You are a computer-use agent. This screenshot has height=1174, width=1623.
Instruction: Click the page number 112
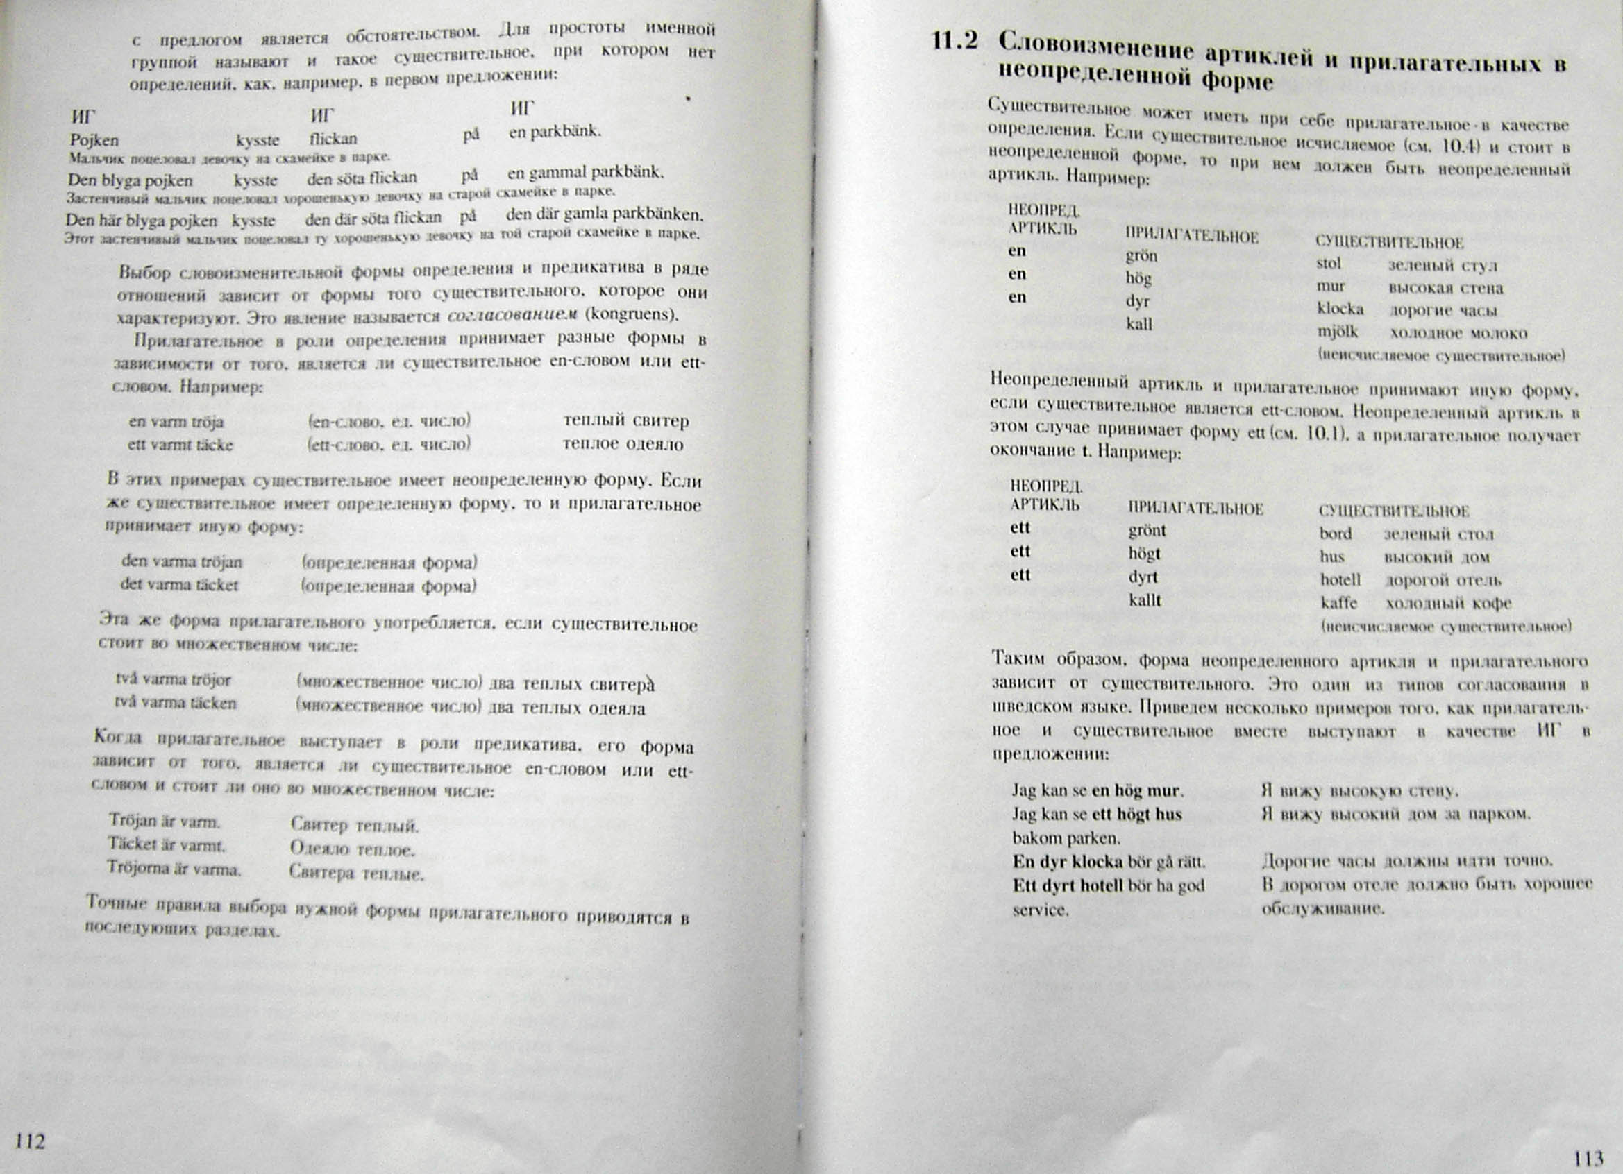pos(30,1141)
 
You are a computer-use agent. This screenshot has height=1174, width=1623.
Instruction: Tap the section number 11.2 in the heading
pos(955,41)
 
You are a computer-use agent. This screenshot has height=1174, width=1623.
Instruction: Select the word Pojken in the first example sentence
pos(94,140)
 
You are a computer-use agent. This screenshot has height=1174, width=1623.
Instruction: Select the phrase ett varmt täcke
pos(180,444)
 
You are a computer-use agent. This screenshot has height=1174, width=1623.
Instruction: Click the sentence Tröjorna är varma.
pos(174,869)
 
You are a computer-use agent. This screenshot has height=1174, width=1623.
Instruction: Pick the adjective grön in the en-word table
pos(1141,256)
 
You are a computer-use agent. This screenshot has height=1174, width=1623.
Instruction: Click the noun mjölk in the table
pos(1338,332)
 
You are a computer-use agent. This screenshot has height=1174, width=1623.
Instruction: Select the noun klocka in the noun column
pos(1340,309)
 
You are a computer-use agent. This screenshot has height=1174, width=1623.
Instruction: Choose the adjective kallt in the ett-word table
pos(1145,600)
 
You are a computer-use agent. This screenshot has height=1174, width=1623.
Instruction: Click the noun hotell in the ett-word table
pos(1340,579)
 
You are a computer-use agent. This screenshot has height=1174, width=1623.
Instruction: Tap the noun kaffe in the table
pos(1339,602)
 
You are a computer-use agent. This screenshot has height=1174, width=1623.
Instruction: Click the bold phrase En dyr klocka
pos(1068,861)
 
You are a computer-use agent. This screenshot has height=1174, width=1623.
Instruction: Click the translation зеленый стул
pos(1443,266)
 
